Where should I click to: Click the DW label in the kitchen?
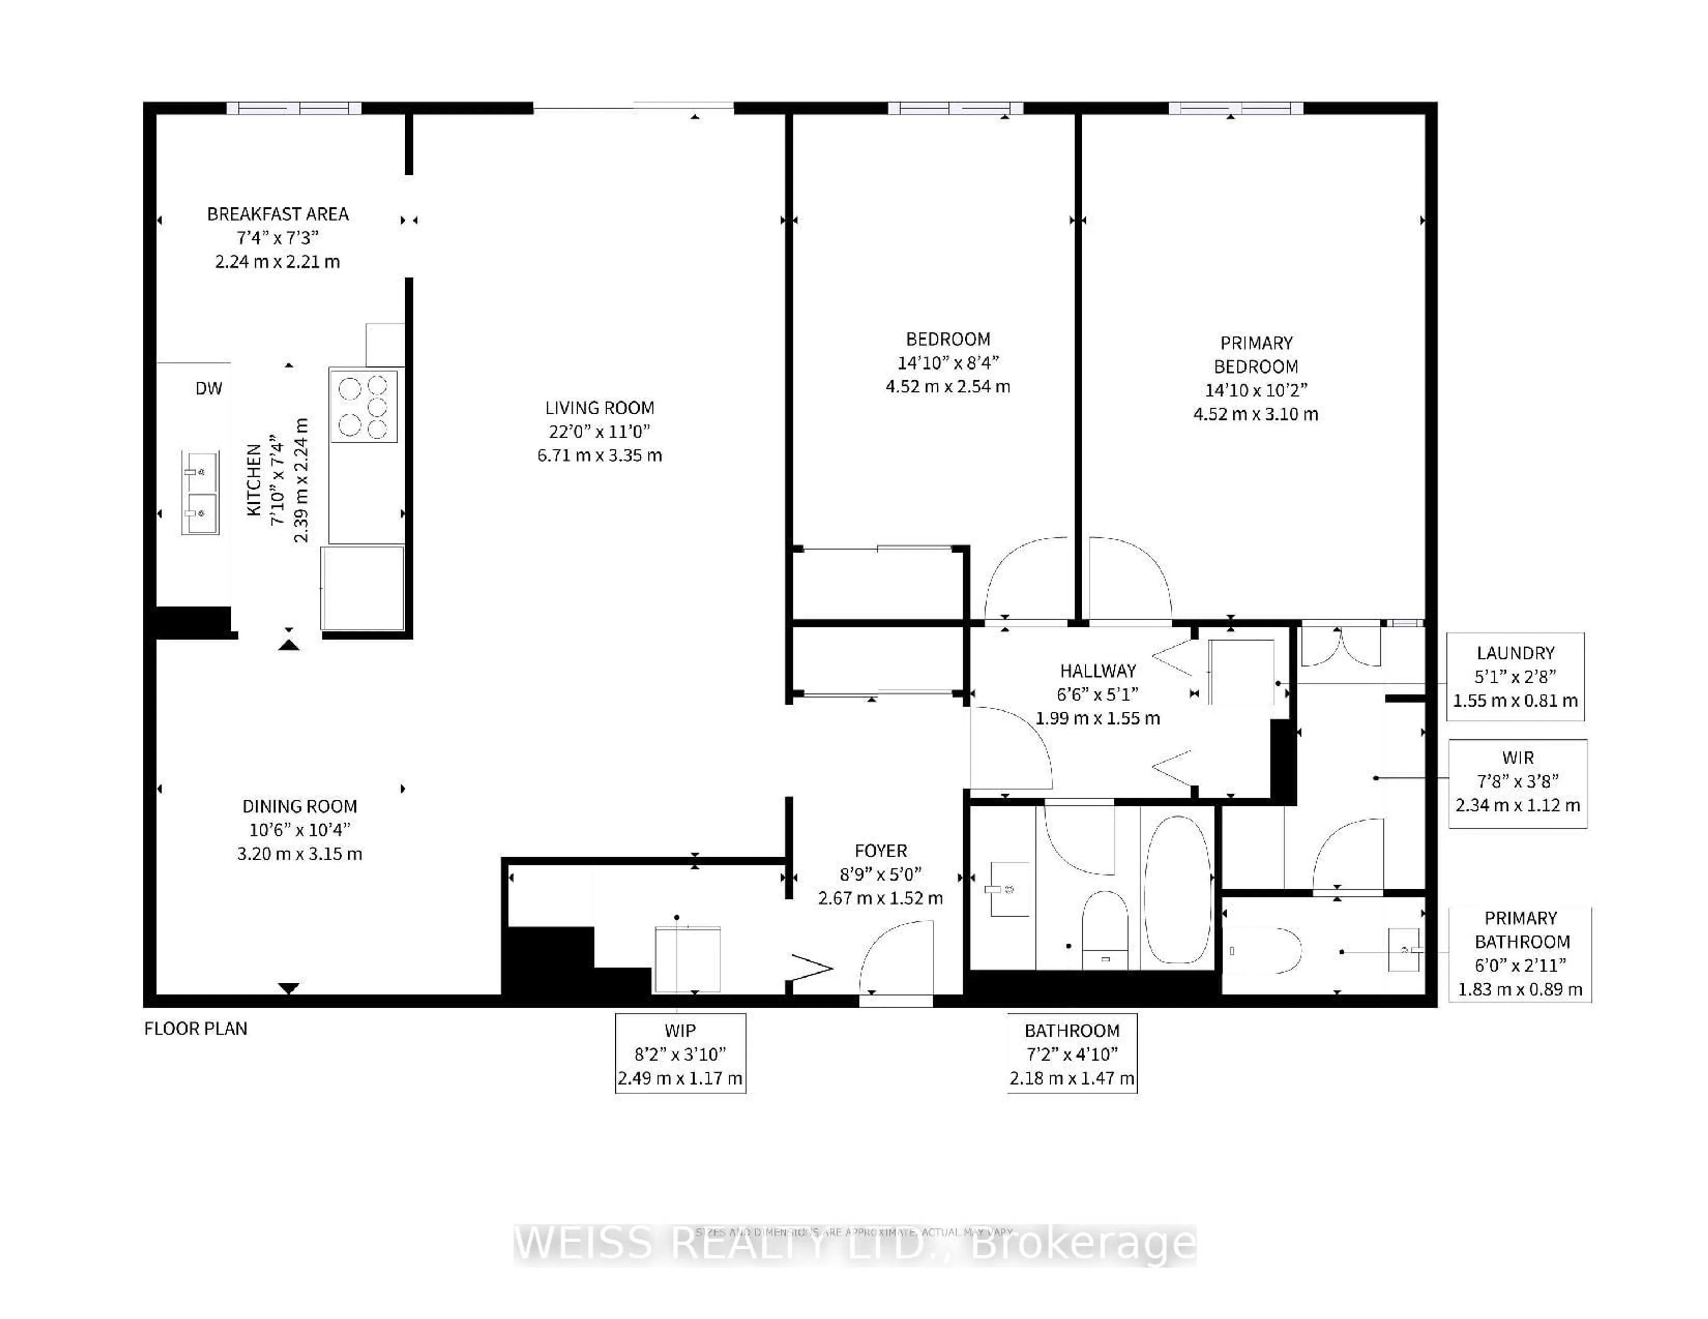[208, 389]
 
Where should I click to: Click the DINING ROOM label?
[299, 806]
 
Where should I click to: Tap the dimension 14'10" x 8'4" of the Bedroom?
[948, 363]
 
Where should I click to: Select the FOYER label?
[881, 851]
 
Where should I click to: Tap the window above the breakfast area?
[294, 108]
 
